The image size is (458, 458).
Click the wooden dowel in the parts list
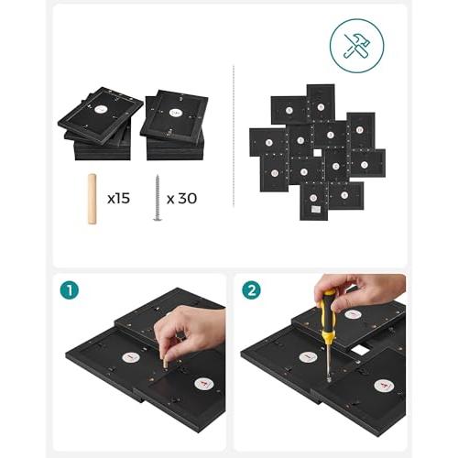92,199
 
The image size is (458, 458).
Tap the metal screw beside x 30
158,198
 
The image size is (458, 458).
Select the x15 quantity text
119,199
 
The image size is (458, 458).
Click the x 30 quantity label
182,199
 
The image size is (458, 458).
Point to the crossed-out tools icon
357,46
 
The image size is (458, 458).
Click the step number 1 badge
70,290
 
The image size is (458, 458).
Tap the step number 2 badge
251,290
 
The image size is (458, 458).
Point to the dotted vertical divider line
234,136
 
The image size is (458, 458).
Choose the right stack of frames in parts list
174,125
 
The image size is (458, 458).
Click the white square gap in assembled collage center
318,153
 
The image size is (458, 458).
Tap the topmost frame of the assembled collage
321,103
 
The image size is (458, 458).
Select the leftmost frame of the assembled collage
268,142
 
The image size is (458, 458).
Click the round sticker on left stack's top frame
100,110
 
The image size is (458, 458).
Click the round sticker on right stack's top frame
175,113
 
